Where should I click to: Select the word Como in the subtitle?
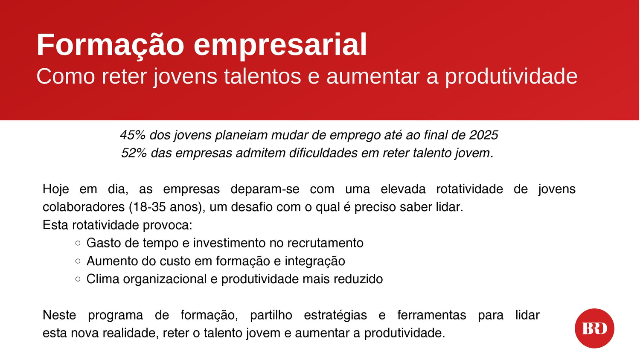pyautogui.click(x=65, y=76)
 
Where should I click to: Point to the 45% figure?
pyautogui.click(x=133, y=135)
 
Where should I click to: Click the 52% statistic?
pyautogui.click(x=134, y=153)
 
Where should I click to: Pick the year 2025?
pyautogui.click(x=483, y=135)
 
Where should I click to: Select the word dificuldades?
pyautogui.click(x=323, y=153)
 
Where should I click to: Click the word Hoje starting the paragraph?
pyautogui.click(x=56, y=189)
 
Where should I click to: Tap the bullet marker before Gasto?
pyautogui.click(x=78, y=243)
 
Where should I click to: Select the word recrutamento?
pyautogui.click(x=325, y=243)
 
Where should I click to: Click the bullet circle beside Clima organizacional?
pyautogui.click(x=78, y=279)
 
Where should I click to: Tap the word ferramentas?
pyautogui.click(x=432, y=315)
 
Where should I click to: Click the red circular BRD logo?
pyautogui.click(x=595, y=328)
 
